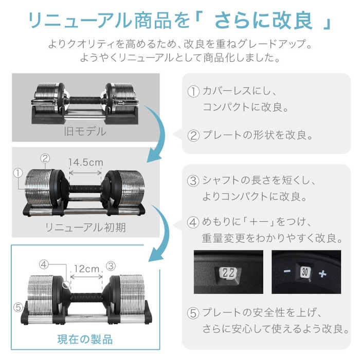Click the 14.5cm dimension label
pos(86,162)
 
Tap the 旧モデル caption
pos(85,132)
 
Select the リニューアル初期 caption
pos(85,227)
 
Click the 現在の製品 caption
pos(85,339)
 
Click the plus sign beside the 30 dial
pos(323,274)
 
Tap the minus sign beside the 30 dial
pos(287,272)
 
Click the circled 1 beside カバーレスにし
pos(193,92)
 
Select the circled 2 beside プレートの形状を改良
pos(193,136)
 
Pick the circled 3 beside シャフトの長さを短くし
pos(193,181)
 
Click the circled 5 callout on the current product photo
pos(18,308)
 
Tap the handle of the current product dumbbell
pos(85,297)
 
